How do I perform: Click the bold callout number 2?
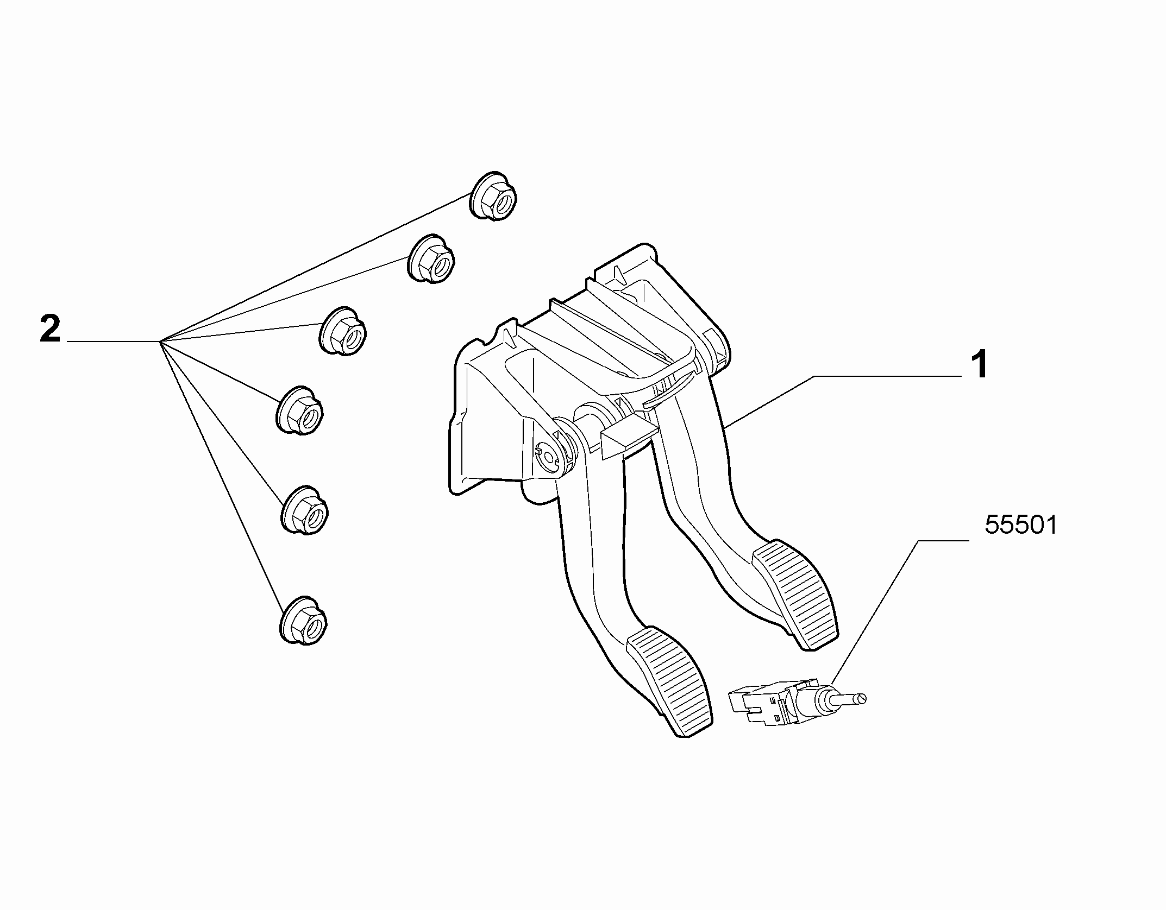(x=51, y=330)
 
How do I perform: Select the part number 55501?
(x=1021, y=526)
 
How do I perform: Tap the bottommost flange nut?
(x=304, y=620)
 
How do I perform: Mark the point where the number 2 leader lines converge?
(x=161, y=342)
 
